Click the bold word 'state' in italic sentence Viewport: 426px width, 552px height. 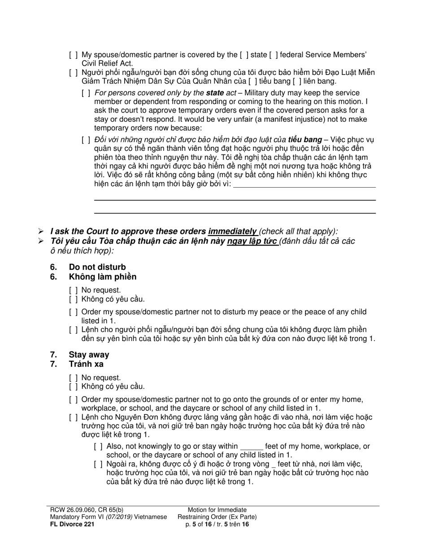coord(215,93)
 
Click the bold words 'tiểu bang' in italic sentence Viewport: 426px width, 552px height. coord(305,140)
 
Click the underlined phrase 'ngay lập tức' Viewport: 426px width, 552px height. coord(252,241)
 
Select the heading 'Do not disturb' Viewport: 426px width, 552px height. coord(97,267)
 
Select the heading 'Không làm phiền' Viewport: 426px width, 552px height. coord(102,276)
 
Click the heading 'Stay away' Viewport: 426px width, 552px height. coord(89,355)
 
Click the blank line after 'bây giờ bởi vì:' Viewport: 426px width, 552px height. coord(305,184)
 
